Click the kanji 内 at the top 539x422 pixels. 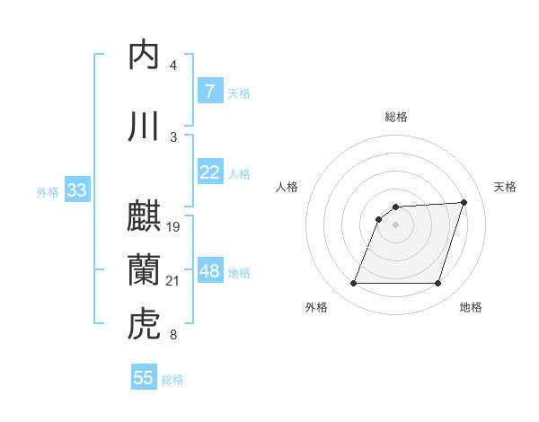pos(145,56)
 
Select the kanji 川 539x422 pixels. pos(145,127)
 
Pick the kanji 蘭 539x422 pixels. pos(145,268)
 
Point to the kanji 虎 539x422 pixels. pos(145,323)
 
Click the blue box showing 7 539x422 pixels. pos(209,92)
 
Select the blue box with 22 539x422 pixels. pos(209,172)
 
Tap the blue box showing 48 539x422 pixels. pos(209,271)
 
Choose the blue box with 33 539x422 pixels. pos(76,190)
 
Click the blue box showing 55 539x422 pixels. pos(144,378)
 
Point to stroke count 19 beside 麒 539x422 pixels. pos(173,227)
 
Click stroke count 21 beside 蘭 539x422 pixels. pos(173,282)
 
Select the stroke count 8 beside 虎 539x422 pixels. pos(172,336)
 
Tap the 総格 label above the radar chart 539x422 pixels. pos(396,117)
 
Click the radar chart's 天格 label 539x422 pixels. pos(505,187)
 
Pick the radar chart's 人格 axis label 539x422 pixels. pos(287,187)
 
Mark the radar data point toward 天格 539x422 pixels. pos(464,202)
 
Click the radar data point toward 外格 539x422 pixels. pos(353,284)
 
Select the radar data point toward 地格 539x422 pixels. pos(438,284)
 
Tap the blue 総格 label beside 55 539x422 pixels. pos(173,380)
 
